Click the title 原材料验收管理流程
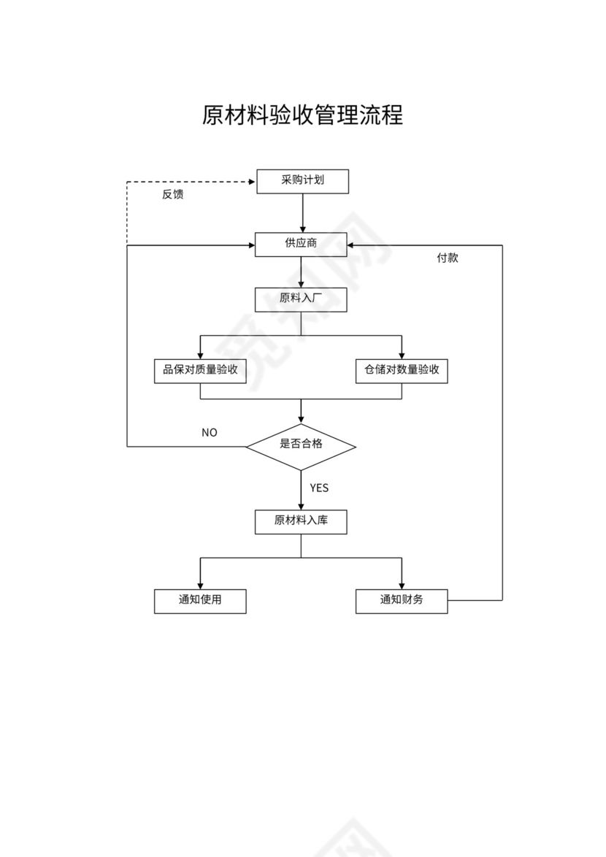click(302, 115)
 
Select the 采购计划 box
click(302, 181)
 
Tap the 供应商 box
click(301, 244)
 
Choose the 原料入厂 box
click(301, 299)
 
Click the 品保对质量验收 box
click(200, 371)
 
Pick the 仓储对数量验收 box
click(402, 371)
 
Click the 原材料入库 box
click(301, 521)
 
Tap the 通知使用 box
click(200, 601)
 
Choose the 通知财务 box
click(402, 601)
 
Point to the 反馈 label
click(173, 195)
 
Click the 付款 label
click(448, 258)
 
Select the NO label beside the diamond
click(210, 433)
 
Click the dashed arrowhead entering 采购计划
click(253, 181)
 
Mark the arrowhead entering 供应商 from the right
click(352, 245)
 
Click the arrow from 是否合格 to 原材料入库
click(302, 491)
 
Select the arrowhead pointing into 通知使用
click(200, 585)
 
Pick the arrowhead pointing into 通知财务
click(402, 585)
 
